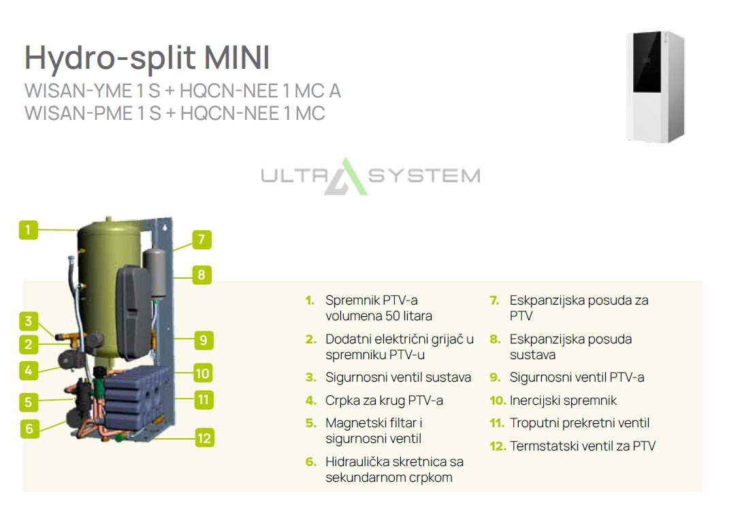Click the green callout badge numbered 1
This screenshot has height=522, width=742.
click(x=29, y=230)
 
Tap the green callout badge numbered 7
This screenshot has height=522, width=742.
click(x=201, y=239)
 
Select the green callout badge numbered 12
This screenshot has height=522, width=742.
click(x=204, y=437)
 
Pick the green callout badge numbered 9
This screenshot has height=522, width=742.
click(x=204, y=340)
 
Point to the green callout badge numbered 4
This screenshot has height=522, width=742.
click(x=29, y=371)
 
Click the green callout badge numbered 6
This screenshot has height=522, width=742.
click(x=29, y=429)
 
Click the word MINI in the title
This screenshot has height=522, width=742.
click(x=237, y=57)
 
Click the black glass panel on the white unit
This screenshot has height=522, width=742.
click(x=647, y=61)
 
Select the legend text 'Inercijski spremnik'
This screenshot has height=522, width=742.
click(x=563, y=400)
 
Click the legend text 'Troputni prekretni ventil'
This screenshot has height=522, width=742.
click(x=579, y=423)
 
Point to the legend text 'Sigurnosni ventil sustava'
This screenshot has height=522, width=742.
click(x=398, y=377)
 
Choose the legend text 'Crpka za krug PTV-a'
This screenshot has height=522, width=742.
click(x=384, y=401)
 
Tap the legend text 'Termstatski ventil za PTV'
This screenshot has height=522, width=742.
click(x=583, y=446)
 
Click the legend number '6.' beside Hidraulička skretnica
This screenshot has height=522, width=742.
click(x=310, y=462)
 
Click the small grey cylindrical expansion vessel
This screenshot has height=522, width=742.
click(x=155, y=274)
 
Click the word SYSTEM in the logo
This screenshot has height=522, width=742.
click(x=424, y=176)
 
